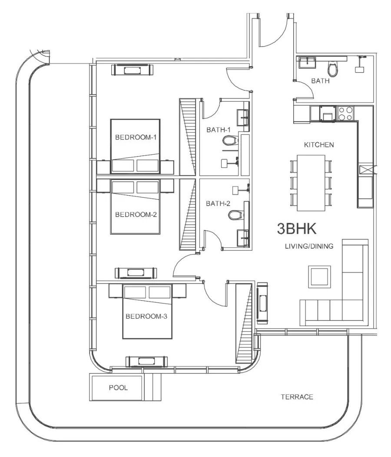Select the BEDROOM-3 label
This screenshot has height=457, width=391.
coord(146,316)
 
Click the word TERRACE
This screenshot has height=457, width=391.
coord(297,397)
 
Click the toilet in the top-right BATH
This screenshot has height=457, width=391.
coord(333,68)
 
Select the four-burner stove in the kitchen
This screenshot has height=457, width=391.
coord(345,113)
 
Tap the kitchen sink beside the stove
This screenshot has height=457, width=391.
coord(326,114)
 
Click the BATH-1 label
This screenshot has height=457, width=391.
coord(215,130)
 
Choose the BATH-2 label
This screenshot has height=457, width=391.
coord(215,203)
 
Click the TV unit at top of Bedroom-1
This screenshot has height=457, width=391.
coord(133,70)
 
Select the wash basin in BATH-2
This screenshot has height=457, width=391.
coord(242,237)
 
